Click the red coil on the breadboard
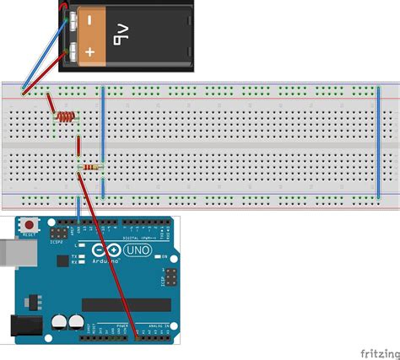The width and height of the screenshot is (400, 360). [64, 116]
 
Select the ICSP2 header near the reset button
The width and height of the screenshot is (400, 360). [59, 231]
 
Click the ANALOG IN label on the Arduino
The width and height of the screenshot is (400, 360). [158, 325]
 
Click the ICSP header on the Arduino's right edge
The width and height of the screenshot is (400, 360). [170, 277]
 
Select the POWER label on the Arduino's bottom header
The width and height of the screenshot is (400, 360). [122, 325]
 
